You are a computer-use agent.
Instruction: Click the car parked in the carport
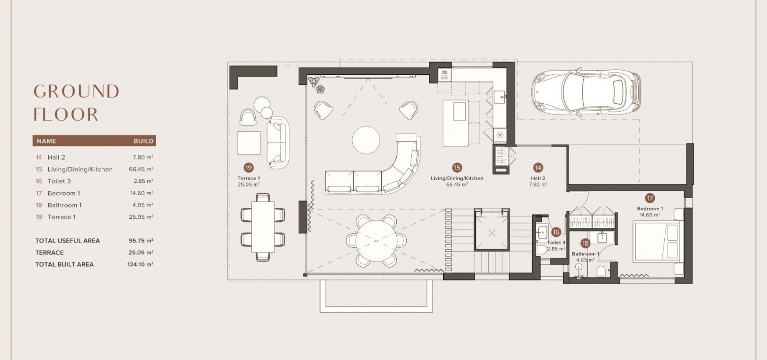coord(586,92)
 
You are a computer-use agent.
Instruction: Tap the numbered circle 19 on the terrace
coord(249,168)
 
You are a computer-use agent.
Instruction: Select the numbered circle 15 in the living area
coord(457,168)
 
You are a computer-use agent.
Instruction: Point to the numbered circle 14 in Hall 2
coord(538,168)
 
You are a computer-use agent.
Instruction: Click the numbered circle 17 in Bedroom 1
coord(650,198)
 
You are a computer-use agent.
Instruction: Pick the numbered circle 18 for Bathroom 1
coord(586,243)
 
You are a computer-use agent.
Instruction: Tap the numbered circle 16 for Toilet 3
coord(556,232)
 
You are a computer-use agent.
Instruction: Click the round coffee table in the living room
coord(366,140)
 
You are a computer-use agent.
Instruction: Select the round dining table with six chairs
coord(376,241)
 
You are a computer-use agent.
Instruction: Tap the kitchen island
coord(455,123)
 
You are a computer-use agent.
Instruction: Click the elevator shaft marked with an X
coord(492,230)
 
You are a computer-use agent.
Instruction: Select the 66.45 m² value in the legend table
coord(141,169)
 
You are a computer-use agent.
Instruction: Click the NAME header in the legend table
coord(46,141)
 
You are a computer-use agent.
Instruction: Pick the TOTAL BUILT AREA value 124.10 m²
coord(140,264)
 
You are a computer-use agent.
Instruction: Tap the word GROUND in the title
coord(76,91)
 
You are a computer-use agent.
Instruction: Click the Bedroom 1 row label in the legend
coord(64,193)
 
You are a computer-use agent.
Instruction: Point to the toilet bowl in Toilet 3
coord(542,249)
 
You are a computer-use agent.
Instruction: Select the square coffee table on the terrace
coord(249,143)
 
